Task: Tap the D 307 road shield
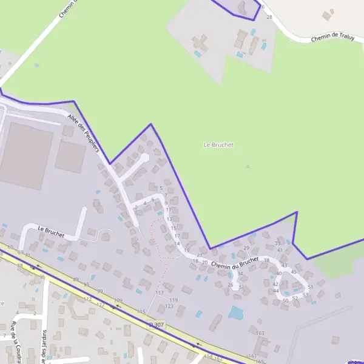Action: (x=157, y=325)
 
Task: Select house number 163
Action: (x=261, y=333)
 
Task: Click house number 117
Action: (x=160, y=293)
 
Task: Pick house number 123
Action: (x=169, y=306)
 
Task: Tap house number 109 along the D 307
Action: (x=118, y=300)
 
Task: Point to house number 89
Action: (x=76, y=279)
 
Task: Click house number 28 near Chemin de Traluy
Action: (x=269, y=17)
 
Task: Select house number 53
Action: (x=305, y=295)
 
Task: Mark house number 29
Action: (x=246, y=248)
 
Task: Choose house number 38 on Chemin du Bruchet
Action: (x=266, y=260)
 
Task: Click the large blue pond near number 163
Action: (x=235, y=313)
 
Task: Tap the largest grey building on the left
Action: (x=27, y=156)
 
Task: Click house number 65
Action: (x=10, y=247)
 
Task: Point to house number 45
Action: (x=294, y=272)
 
